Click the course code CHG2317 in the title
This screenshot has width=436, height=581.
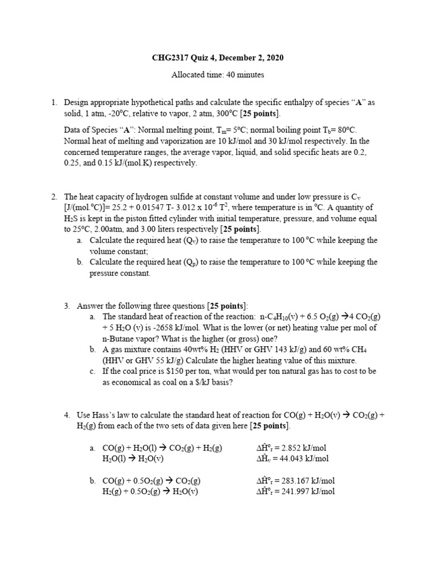[x=169, y=58]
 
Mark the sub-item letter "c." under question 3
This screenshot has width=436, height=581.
[x=93, y=371]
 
